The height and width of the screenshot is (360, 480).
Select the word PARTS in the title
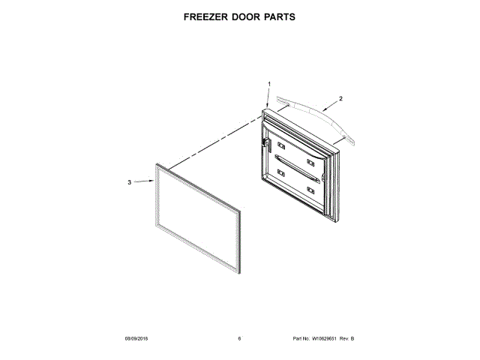click(x=278, y=16)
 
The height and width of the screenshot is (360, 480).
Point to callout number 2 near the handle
click(x=340, y=98)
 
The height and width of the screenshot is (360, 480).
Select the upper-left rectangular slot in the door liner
click(x=281, y=145)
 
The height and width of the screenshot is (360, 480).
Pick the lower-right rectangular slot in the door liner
click(x=311, y=188)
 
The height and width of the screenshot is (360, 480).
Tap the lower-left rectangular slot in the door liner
click(x=281, y=173)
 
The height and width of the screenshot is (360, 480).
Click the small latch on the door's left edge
click(x=265, y=141)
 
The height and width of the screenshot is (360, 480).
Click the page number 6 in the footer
click(x=239, y=339)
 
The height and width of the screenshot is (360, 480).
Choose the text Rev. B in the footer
click(x=346, y=339)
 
